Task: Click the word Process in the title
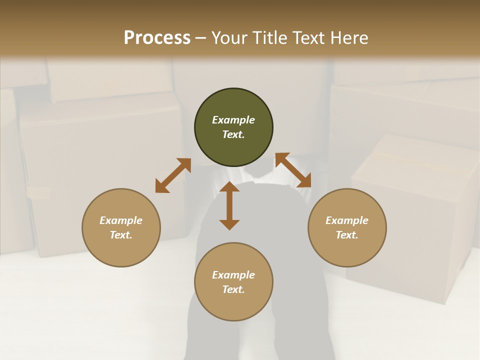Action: [x=157, y=38]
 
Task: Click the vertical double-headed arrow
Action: [x=229, y=205]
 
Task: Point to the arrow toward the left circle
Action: [x=173, y=175]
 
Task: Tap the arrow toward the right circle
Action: [x=293, y=170]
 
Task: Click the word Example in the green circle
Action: [x=233, y=120]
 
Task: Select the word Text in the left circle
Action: [x=121, y=235]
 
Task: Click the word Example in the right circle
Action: [x=347, y=220]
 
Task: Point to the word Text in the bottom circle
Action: [x=233, y=289]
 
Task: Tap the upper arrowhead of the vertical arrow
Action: [x=229, y=187]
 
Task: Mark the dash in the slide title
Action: [x=201, y=38]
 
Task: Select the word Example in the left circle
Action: [x=121, y=220]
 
